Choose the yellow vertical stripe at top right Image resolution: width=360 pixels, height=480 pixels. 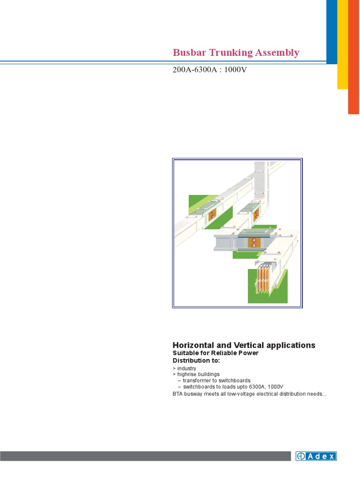(x=343, y=44)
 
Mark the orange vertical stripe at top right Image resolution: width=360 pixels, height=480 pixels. (x=353, y=57)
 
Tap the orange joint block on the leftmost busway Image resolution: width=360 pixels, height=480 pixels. (x=212, y=215)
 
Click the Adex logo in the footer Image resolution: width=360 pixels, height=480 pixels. (x=316, y=456)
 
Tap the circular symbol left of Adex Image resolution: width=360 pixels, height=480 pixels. (x=301, y=456)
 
